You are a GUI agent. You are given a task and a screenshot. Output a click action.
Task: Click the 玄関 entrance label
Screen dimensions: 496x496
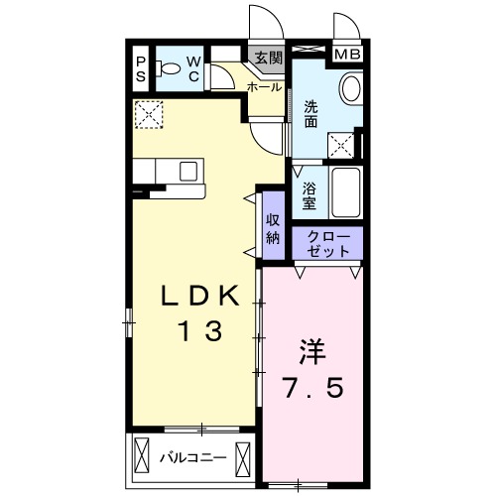pos(268,58)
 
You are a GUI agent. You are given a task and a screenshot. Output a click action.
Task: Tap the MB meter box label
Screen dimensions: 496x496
pos(346,55)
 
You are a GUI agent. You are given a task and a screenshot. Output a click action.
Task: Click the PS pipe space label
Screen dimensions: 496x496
pos(140,70)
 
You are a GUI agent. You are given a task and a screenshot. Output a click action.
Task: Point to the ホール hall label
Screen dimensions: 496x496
pos(264,87)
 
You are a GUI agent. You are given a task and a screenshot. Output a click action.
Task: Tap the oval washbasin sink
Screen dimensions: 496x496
pos(350,90)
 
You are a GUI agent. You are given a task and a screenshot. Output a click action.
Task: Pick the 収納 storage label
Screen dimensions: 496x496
pos(272,230)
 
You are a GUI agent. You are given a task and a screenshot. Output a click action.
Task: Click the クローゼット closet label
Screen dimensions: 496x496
pos(327,243)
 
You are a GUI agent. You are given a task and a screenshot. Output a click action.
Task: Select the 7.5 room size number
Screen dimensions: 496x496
pos(311,390)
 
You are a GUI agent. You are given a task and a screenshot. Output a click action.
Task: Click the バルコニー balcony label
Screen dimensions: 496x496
pos(192,457)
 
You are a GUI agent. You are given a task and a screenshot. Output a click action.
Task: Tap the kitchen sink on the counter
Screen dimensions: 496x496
pos(189,171)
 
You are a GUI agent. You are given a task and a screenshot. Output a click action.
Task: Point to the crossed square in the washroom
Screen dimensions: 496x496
pos(344,145)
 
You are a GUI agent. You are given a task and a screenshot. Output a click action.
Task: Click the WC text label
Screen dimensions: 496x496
pos(192,70)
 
